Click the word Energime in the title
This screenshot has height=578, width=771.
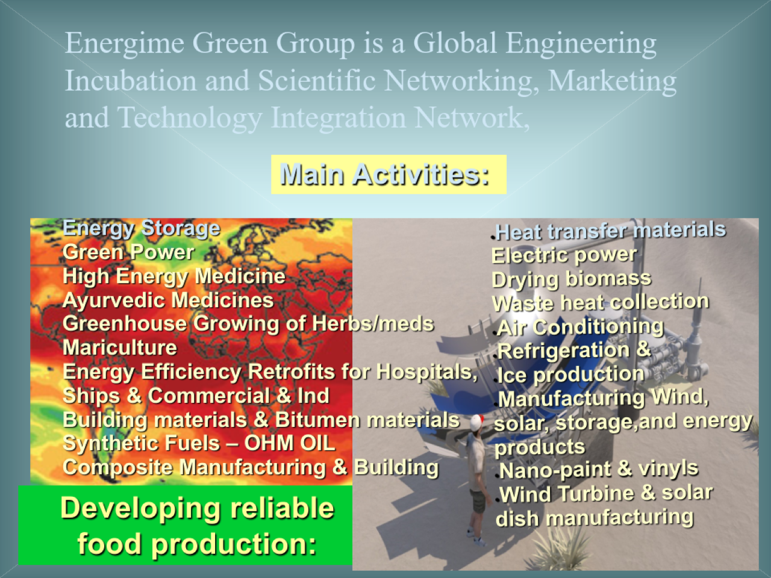click(x=125, y=44)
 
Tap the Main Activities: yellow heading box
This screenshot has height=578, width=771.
click(x=389, y=175)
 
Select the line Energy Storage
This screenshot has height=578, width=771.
click(x=142, y=228)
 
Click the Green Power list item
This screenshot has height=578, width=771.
click(x=128, y=252)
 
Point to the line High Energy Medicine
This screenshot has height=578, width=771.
click(x=174, y=276)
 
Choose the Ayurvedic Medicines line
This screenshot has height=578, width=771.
click(x=168, y=300)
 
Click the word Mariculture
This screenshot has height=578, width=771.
click(x=120, y=347)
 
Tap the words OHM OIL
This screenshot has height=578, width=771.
click(x=290, y=443)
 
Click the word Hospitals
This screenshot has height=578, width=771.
click(x=426, y=371)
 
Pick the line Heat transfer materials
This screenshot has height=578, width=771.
click(x=610, y=231)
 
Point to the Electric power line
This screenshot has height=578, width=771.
click(x=564, y=255)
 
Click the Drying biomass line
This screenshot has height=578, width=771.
click(x=572, y=280)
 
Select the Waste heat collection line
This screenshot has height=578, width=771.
click(x=601, y=302)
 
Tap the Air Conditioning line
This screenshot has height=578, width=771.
click(x=580, y=328)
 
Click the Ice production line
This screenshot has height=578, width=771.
click(x=571, y=375)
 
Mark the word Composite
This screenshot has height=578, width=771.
click(x=118, y=468)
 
